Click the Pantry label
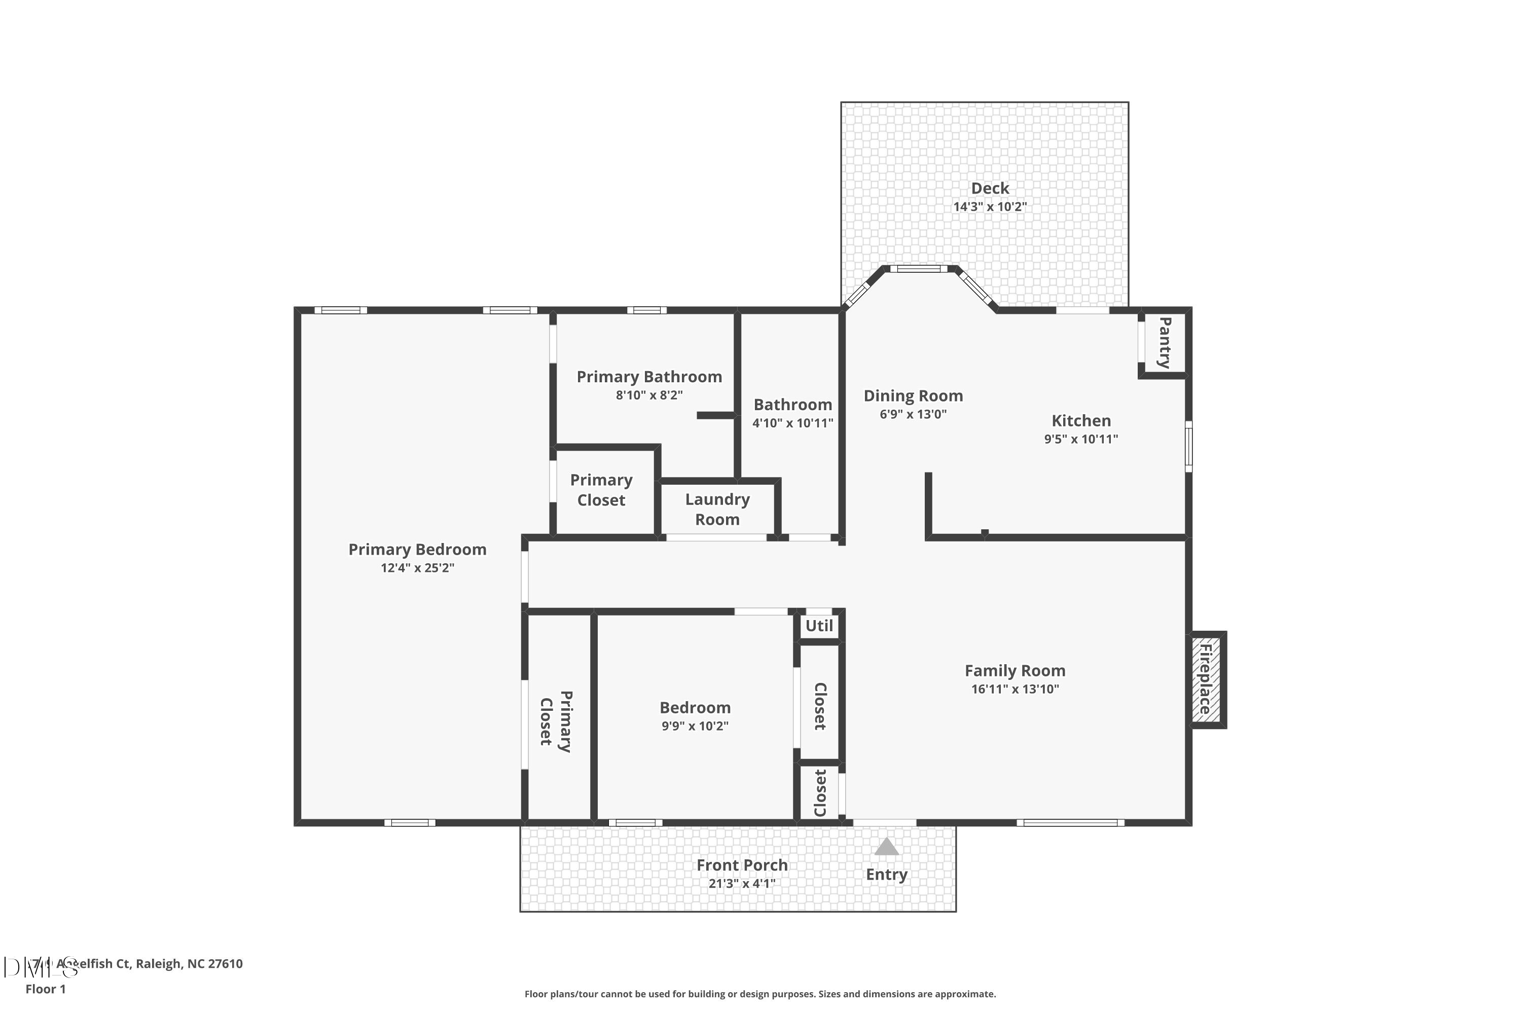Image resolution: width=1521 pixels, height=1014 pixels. click(1164, 343)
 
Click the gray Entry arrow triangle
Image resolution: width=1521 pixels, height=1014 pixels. click(887, 847)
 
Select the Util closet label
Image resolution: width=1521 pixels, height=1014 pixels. click(819, 626)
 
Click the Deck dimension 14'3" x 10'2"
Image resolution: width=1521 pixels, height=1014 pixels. click(990, 207)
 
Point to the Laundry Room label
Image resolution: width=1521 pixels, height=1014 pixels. click(717, 509)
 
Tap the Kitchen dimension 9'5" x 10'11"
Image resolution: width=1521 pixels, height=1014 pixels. click(1080, 439)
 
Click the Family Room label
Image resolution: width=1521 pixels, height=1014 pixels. click(1015, 671)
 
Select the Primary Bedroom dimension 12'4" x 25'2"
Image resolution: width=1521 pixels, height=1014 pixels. click(417, 568)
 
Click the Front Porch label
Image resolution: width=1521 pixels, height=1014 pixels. click(742, 865)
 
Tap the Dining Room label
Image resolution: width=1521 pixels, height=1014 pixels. click(913, 396)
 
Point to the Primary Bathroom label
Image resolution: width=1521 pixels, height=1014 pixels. click(649, 377)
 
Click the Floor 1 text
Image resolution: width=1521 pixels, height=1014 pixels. click(45, 989)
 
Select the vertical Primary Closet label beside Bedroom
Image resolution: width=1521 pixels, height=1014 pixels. click(556, 721)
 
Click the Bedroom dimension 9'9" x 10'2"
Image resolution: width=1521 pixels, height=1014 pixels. click(695, 726)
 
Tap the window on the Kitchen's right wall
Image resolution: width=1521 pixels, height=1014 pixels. click(1188, 446)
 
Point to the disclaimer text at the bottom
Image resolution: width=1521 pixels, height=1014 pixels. click(760, 994)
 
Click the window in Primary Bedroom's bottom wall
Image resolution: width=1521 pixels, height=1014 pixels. click(410, 822)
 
